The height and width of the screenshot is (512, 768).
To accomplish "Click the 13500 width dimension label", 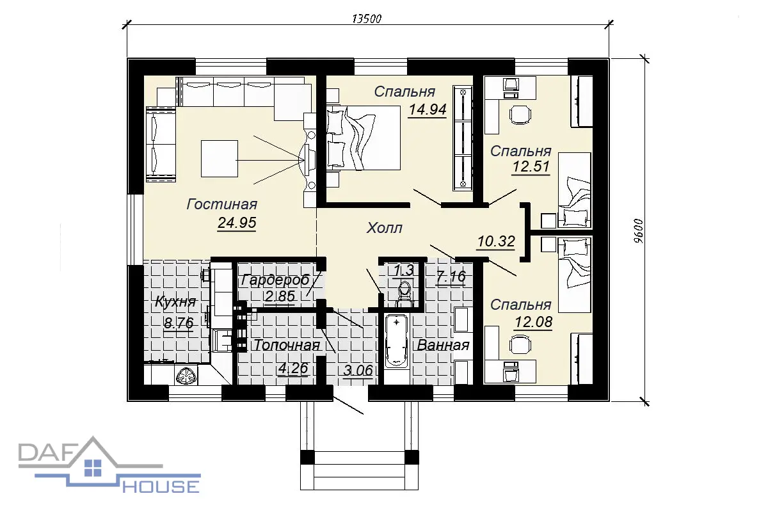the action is (367, 19).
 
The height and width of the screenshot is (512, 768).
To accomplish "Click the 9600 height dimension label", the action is (639, 231).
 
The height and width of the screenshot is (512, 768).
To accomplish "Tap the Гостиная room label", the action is (222, 204).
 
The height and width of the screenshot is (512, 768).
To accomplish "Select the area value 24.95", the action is (237, 223).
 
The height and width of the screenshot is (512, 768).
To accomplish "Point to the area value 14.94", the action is (428, 109).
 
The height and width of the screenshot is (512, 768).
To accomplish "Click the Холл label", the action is (385, 228).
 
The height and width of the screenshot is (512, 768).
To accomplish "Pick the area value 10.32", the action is (496, 241).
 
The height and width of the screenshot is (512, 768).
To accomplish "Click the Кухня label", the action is (175, 302).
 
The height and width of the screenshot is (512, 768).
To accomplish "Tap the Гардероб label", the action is (276, 280).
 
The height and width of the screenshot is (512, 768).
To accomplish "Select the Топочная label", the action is (287, 346).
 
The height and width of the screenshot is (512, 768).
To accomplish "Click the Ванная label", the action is (443, 346).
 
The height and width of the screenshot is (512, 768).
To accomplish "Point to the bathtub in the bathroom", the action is (396, 342).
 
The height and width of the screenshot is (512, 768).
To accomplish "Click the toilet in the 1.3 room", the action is (405, 294).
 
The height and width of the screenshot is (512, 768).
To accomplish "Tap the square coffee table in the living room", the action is (220, 159).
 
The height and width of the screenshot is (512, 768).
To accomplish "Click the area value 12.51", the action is (531, 166).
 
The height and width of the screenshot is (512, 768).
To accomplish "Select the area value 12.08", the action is (534, 322).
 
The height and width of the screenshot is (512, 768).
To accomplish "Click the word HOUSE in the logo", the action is (161, 486).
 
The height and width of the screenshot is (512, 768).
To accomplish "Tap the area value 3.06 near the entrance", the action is (358, 371).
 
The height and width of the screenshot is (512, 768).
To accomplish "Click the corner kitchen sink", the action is (187, 375).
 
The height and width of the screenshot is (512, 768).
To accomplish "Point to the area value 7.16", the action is (451, 276).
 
